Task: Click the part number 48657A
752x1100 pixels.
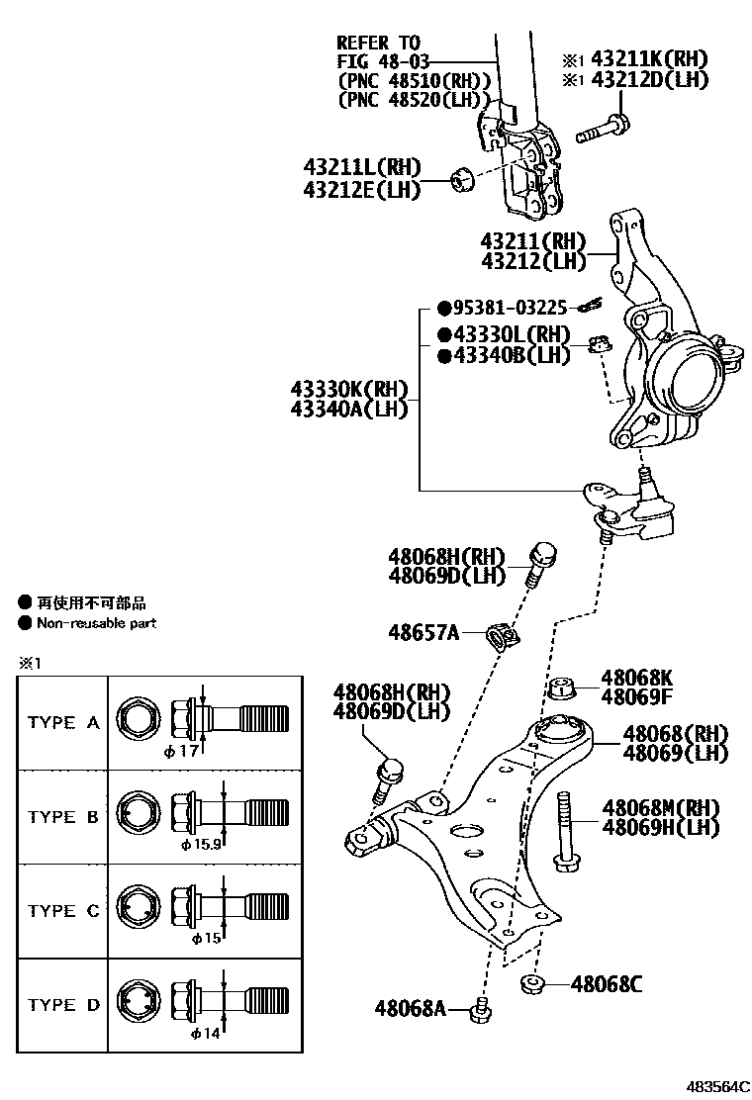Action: pyautogui.click(x=423, y=631)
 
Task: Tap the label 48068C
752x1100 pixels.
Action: pyautogui.click(x=607, y=984)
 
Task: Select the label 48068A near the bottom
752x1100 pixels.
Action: pyautogui.click(x=411, y=1009)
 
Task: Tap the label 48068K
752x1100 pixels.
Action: pyautogui.click(x=636, y=678)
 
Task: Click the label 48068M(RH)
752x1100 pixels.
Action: pyautogui.click(x=660, y=808)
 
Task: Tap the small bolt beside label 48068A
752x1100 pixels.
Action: pyautogui.click(x=482, y=1010)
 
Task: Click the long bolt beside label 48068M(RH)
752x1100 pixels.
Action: pyautogui.click(x=566, y=830)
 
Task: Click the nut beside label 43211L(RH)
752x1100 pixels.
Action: pyautogui.click(x=460, y=179)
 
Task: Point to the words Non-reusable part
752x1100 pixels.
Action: pyautogui.click(x=96, y=623)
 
